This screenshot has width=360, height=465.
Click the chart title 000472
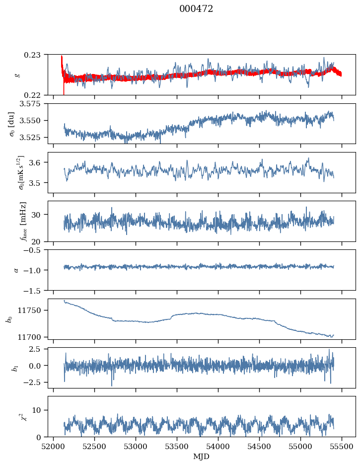(196, 9)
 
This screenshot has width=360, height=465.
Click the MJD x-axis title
(202, 457)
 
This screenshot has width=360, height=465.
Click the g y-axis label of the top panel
(18, 75)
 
